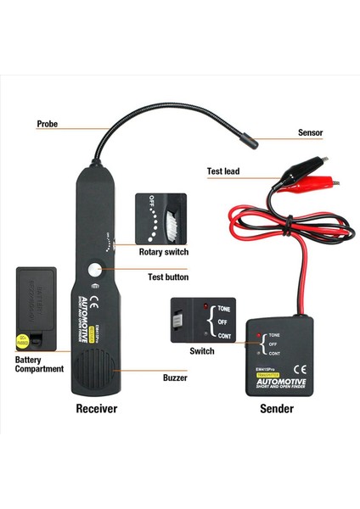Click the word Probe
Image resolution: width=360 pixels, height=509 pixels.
(x=48, y=124)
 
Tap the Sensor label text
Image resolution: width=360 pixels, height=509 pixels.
(x=310, y=133)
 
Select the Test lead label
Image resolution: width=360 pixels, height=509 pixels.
(x=223, y=171)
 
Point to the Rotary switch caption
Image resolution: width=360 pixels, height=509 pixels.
(x=164, y=252)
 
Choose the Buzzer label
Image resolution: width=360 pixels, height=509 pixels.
(x=175, y=377)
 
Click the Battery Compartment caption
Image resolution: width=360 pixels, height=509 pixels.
(x=39, y=364)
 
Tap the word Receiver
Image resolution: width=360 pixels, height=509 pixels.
(x=96, y=408)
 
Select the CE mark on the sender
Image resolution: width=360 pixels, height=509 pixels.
(x=297, y=369)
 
